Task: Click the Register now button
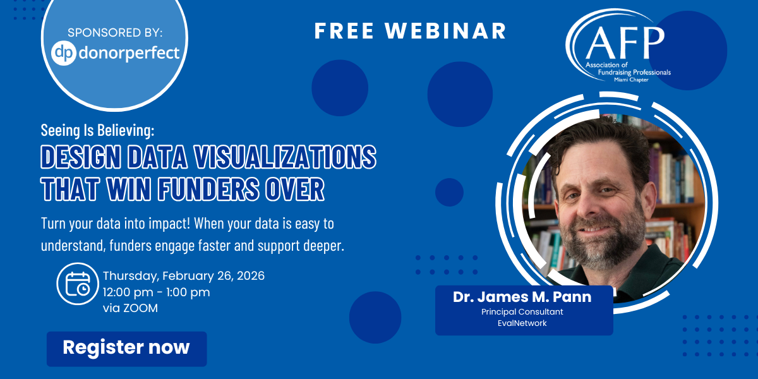point(126,349)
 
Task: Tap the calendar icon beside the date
point(78,284)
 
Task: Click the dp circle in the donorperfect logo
point(64,53)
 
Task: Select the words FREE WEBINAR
point(410,31)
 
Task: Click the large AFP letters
point(625,43)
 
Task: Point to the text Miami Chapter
point(631,80)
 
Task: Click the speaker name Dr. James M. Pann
point(522,297)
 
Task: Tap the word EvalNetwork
point(522,323)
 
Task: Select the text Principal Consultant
point(522,311)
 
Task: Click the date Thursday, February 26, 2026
point(184,276)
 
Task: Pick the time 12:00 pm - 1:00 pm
point(157,292)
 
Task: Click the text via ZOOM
point(130,308)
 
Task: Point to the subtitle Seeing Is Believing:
point(97,130)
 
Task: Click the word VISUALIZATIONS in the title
point(285,157)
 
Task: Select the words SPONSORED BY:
point(115,32)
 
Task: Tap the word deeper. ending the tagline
point(323,246)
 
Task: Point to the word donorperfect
point(129,54)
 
